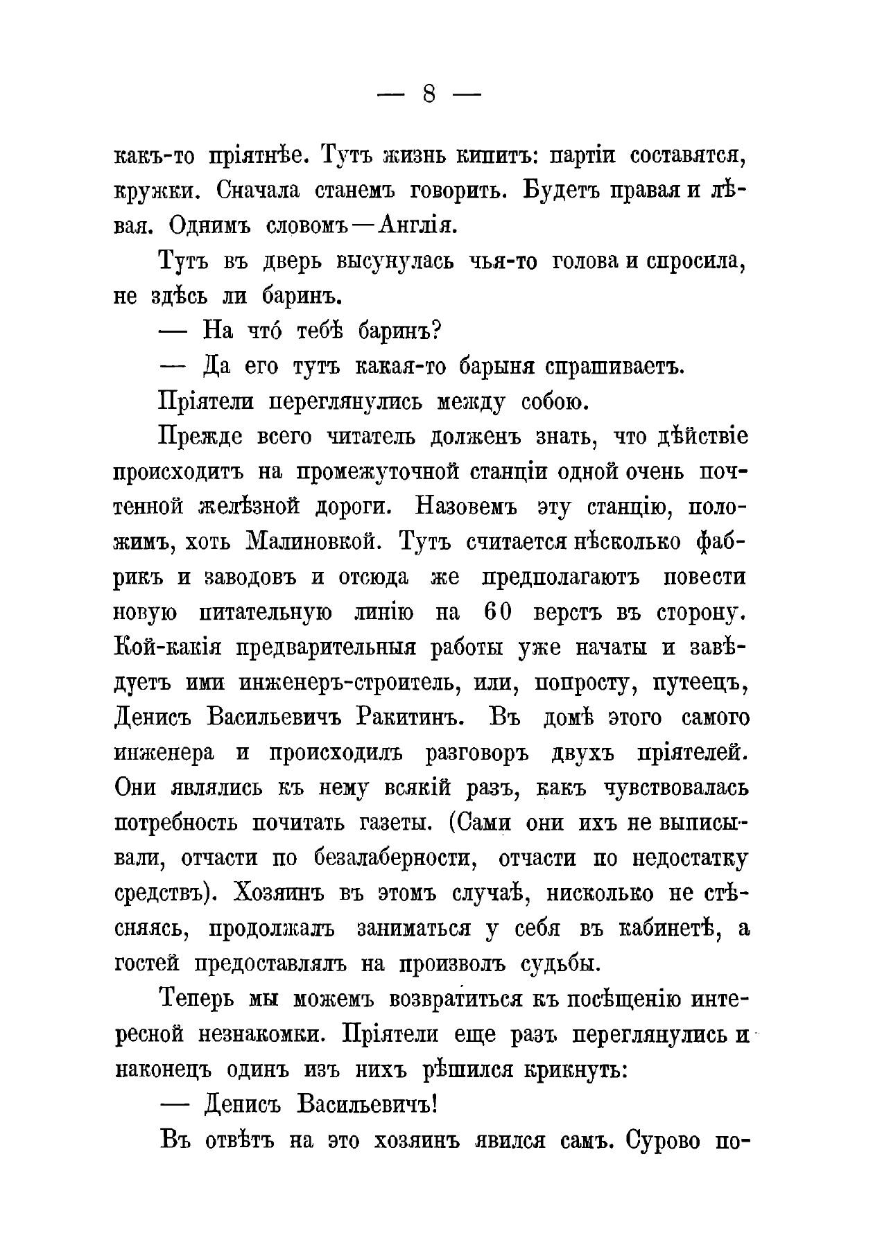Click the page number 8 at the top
(428, 96)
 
